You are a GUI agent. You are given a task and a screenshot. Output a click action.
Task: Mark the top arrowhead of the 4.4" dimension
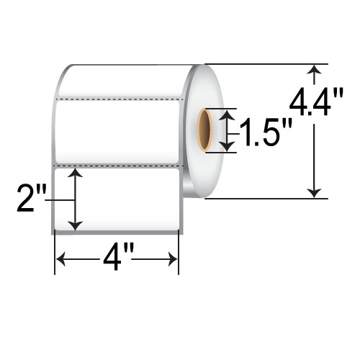pyautogui.click(x=314, y=70)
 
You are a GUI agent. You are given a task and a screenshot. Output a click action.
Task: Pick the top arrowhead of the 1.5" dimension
pyautogui.click(x=228, y=114)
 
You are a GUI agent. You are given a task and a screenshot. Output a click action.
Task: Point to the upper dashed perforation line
pyautogui.click(x=119, y=96)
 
